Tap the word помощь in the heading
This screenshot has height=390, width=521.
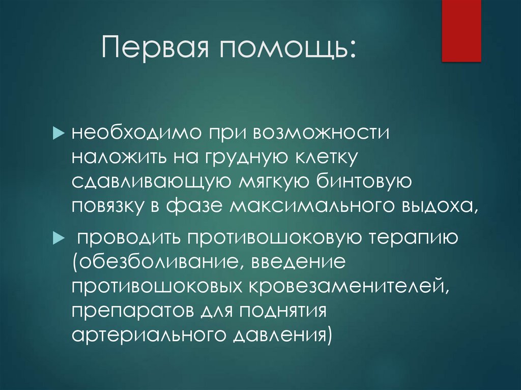click(286, 50)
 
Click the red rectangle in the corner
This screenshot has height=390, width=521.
click(461, 31)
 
